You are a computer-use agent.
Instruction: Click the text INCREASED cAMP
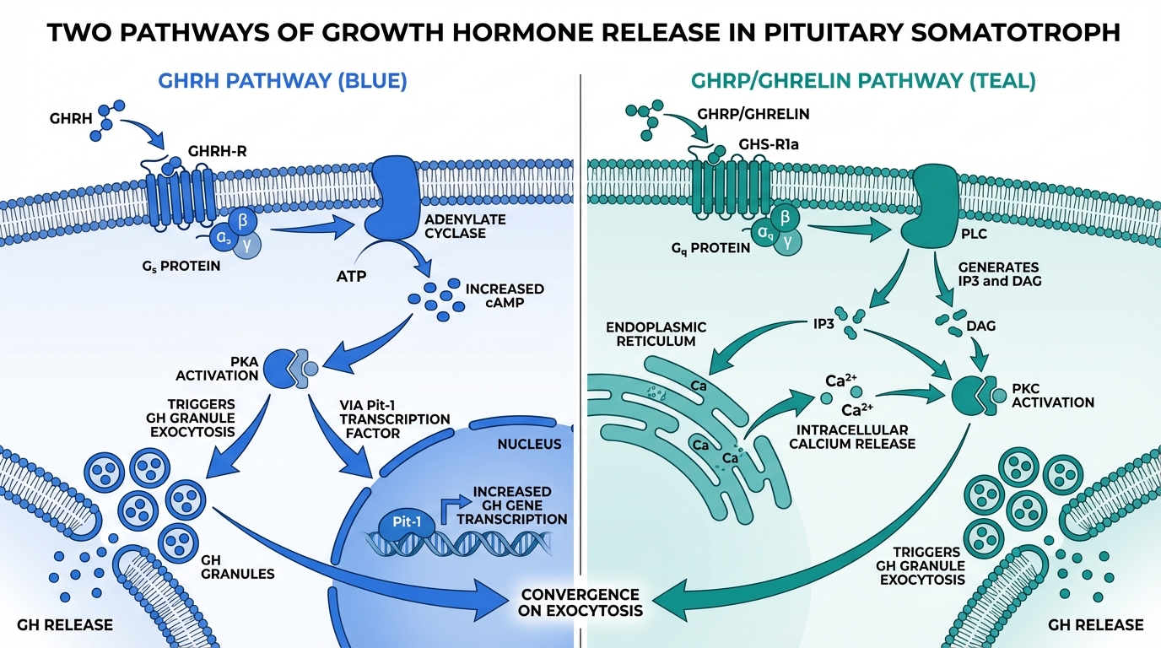pos(505,296)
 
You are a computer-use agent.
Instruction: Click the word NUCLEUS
pos(529,444)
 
